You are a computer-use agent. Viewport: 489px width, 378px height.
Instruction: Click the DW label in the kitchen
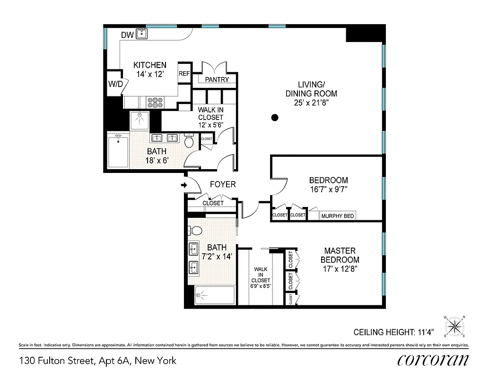[127, 35]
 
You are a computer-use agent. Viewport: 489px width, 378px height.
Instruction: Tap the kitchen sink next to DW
[142, 34]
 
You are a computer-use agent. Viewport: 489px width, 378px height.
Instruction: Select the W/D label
[115, 84]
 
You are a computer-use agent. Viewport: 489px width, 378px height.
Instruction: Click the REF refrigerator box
[184, 74]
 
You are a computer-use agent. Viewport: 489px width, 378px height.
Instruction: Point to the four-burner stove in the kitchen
[156, 102]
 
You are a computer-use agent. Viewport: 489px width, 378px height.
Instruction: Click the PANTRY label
[217, 80]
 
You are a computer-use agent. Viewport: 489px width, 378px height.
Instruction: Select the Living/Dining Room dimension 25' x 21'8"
[311, 102]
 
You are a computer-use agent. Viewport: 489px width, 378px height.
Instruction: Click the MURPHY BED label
[338, 216]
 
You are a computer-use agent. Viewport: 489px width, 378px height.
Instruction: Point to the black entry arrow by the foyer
[184, 185]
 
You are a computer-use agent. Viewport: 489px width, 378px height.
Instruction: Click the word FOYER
[222, 184]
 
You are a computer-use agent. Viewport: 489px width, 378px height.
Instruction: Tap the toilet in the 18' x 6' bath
[189, 141]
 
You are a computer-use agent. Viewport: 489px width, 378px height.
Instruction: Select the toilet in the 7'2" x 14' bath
[195, 231]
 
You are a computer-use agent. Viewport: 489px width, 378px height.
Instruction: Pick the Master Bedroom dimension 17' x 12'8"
[340, 268]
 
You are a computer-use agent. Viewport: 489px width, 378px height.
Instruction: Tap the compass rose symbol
[454, 326]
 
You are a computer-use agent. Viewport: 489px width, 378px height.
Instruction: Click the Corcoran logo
[433, 361]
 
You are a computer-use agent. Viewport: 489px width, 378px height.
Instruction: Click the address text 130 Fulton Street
[57, 361]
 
